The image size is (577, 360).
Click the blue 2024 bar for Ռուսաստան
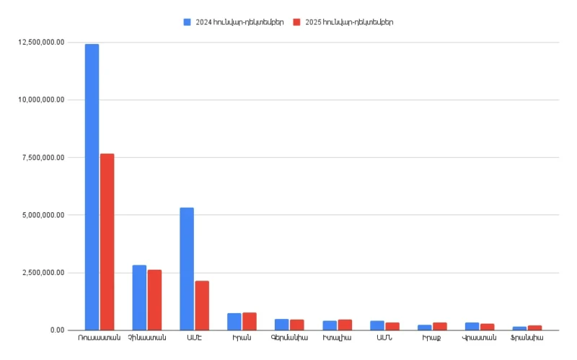[x=92, y=187]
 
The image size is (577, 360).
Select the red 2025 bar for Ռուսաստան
[x=107, y=242]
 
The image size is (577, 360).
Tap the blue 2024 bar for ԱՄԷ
[x=187, y=268]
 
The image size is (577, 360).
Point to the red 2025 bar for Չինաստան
[x=154, y=299]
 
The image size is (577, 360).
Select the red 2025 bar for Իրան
[x=250, y=321]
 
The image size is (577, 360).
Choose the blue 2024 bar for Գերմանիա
[x=281, y=325]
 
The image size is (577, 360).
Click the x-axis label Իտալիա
[x=338, y=338]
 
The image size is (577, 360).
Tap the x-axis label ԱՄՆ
[x=385, y=338]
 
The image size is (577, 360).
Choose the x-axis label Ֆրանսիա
[x=527, y=338]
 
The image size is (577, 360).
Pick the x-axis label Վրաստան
[x=480, y=338]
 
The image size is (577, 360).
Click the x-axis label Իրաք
[x=433, y=338]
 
